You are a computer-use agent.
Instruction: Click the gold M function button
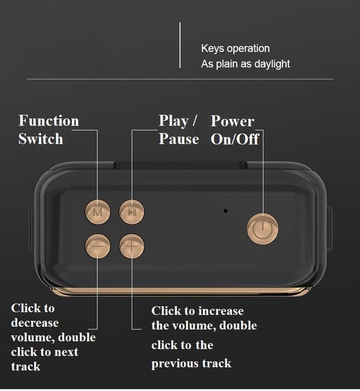[x=98, y=212]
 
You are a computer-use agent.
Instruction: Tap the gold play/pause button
[x=132, y=212]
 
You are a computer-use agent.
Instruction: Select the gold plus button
[x=132, y=246]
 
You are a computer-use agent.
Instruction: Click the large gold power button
[x=263, y=229]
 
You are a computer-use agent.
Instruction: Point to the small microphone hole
[x=226, y=211]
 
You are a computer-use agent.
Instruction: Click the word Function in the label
[x=49, y=121]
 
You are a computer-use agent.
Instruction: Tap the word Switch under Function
[x=41, y=139]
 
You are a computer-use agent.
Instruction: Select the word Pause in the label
[x=179, y=139]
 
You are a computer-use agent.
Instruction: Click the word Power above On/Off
[x=232, y=121]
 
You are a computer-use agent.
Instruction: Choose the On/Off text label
[x=235, y=139]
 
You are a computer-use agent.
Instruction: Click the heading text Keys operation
[x=235, y=49]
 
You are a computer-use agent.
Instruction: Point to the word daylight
[x=272, y=64]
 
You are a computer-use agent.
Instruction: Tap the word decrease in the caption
[x=35, y=323]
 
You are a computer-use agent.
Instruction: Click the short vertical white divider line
[x=180, y=45]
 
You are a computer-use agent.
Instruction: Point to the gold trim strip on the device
[x=180, y=291]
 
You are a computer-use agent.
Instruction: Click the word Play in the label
[x=173, y=121]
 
